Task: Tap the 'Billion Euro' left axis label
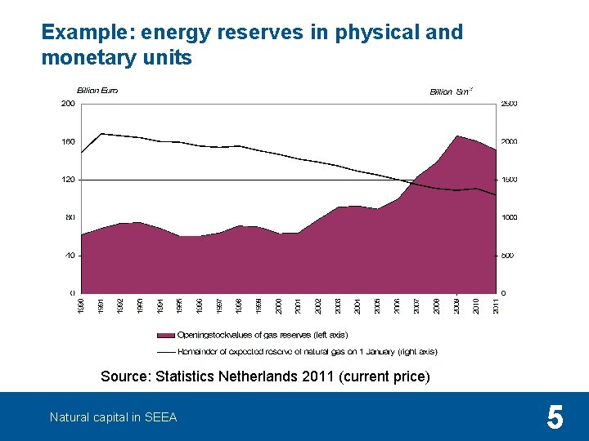[x=97, y=91]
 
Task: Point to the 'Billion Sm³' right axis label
[x=451, y=91]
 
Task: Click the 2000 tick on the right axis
[x=509, y=141]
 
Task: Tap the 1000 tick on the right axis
[x=509, y=217]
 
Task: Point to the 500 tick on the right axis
[x=507, y=255]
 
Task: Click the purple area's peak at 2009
[x=457, y=136]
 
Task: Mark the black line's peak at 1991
[x=101, y=133]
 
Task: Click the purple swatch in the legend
[x=166, y=335]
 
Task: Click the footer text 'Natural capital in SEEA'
[x=113, y=417]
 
